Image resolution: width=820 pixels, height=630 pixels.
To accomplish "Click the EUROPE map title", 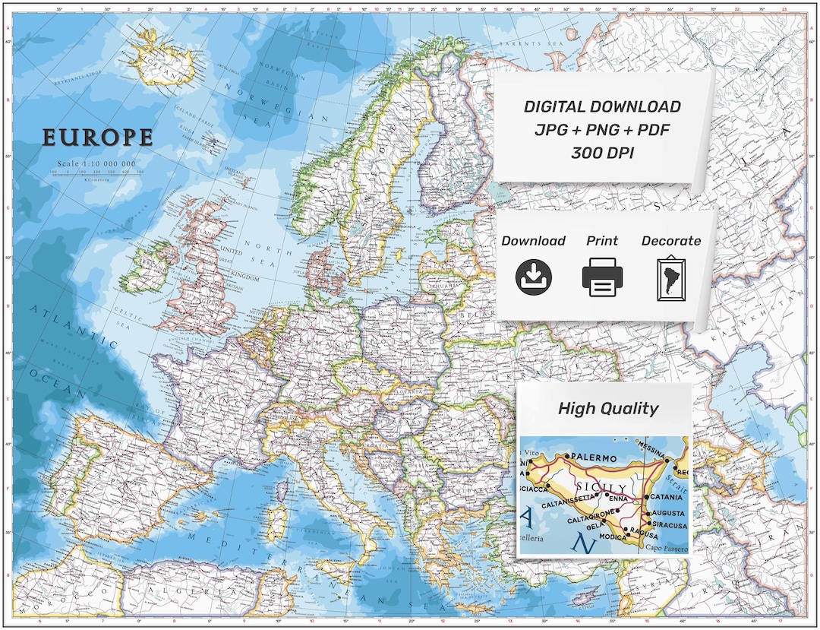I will (97, 138).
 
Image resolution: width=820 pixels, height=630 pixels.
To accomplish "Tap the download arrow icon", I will (534, 277).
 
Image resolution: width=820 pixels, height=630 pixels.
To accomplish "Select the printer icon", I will (602, 277).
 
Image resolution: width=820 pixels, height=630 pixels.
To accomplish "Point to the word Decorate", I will (671, 241).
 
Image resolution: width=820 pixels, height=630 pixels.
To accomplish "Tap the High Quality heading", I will (607, 408).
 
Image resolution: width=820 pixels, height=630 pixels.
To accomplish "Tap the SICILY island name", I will (604, 487).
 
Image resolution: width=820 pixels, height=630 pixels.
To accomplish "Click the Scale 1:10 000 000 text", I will (96, 164).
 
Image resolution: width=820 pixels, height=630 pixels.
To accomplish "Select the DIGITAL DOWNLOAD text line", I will (602, 107).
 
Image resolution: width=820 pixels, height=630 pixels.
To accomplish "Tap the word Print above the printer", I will (602, 241).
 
